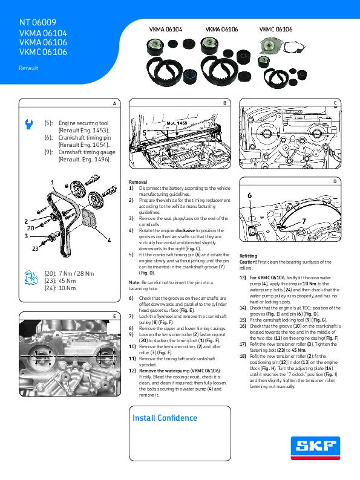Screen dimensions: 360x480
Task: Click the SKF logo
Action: pos(315,448)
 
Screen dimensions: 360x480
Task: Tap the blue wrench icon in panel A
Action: pos(29,124)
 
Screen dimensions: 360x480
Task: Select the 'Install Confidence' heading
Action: pos(165,418)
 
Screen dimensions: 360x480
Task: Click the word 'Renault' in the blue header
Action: pos(28,68)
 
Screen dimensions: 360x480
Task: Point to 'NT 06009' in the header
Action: pos(38,22)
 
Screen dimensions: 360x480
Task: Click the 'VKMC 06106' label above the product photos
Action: pos(276,30)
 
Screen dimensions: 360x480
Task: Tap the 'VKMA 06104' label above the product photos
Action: pos(165,30)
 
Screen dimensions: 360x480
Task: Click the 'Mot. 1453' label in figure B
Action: pos(177,123)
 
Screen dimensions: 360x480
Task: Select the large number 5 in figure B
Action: pos(145,133)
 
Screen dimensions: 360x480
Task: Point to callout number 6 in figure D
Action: pos(250,195)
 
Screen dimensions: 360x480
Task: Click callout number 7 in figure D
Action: pos(304,221)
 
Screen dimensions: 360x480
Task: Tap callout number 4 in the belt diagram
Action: pos(109,241)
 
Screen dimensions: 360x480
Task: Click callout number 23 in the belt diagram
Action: pos(35,248)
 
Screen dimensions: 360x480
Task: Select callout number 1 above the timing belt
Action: pos(52,183)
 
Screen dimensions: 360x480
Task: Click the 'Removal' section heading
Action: pos(138,182)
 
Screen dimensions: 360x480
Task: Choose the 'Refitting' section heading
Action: pos(248,256)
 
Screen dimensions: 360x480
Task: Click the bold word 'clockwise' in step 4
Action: pos(185,230)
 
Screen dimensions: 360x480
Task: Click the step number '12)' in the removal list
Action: pos(133,371)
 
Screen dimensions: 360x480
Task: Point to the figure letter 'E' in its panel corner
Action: pos(114,317)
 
